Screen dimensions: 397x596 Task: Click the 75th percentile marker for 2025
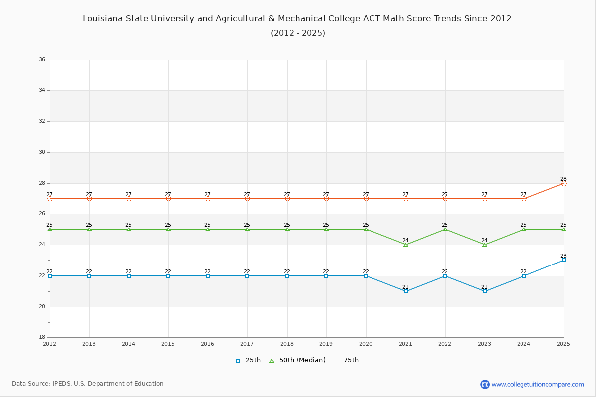click(564, 183)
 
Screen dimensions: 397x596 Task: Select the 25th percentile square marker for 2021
click(406, 291)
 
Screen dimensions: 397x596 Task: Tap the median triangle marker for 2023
click(485, 245)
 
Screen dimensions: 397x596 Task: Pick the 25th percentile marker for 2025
click(564, 260)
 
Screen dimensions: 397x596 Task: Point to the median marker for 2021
click(406, 245)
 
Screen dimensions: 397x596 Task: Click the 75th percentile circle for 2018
click(287, 198)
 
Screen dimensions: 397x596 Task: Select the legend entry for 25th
click(248, 360)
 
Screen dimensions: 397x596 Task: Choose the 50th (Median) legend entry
click(297, 360)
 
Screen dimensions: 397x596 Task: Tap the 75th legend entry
click(346, 360)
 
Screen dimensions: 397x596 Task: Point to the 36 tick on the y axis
click(42, 60)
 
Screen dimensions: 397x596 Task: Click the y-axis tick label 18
click(42, 337)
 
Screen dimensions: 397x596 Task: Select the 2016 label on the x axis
click(208, 344)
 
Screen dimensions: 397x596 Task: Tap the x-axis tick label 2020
click(366, 344)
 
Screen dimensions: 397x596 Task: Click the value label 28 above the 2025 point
click(563, 179)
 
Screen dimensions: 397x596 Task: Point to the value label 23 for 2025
click(563, 256)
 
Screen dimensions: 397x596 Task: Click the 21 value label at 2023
click(484, 287)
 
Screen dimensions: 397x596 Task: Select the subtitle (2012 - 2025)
click(298, 33)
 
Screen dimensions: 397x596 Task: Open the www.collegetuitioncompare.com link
click(537, 384)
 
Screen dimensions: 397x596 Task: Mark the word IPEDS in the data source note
click(62, 384)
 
